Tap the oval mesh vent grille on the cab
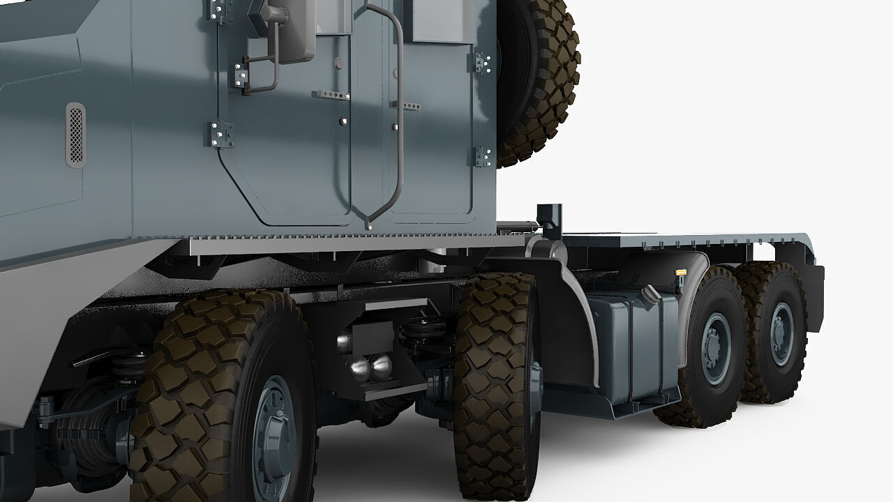75,135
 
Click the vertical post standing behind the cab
550,220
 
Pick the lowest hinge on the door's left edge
222,134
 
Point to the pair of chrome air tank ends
369,366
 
